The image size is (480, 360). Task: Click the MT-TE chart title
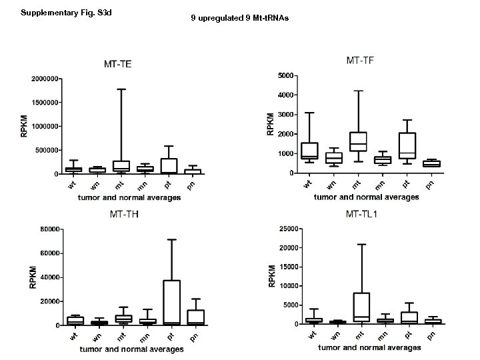[x=117, y=65]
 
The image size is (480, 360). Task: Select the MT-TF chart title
[x=360, y=61]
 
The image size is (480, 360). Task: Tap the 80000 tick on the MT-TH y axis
[x=51, y=229]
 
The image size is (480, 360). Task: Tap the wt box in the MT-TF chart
[x=309, y=151]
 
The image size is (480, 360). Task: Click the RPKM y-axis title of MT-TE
[x=25, y=127]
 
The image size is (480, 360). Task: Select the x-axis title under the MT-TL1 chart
[x=369, y=347]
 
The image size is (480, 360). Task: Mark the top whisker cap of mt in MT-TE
[x=121, y=89]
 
